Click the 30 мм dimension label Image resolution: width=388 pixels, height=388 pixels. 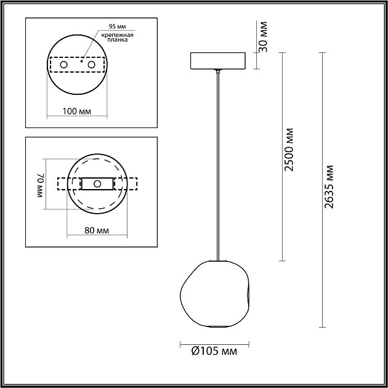[263, 36]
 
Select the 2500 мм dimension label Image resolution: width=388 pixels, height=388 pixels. [288, 150]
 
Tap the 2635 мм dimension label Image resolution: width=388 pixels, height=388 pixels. [329, 187]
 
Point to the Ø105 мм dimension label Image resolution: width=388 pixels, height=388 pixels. [214, 351]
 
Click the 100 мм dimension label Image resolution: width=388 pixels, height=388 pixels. [77, 111]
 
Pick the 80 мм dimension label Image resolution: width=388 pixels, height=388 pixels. [97, 230]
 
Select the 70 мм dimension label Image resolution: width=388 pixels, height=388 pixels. [41, 185]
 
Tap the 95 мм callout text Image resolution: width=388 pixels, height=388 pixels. [117, 26]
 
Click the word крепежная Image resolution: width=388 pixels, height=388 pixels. [117, 35]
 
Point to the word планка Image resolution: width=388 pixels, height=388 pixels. [117, 40]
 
